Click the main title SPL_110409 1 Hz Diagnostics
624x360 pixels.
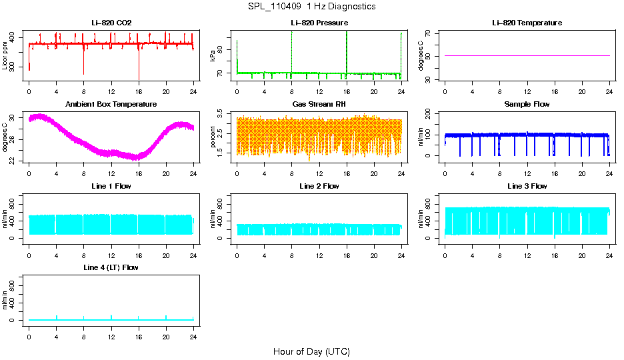click(311, 6)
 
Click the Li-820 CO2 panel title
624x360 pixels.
click(111, 23)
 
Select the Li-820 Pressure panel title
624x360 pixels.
click(319, 23)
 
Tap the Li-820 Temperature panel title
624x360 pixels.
click(527, 23)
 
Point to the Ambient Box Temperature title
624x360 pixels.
click(111, 105)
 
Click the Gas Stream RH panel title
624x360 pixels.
click(319, 105)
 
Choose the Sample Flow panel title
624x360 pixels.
click(527, 105)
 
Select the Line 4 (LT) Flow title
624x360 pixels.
click(111, 267)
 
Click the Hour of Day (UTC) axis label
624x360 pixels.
click(311, 351)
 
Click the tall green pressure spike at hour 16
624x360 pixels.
click(347, 47)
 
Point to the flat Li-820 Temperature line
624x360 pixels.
click(527, 55)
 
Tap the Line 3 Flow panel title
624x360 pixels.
click(527, 186)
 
